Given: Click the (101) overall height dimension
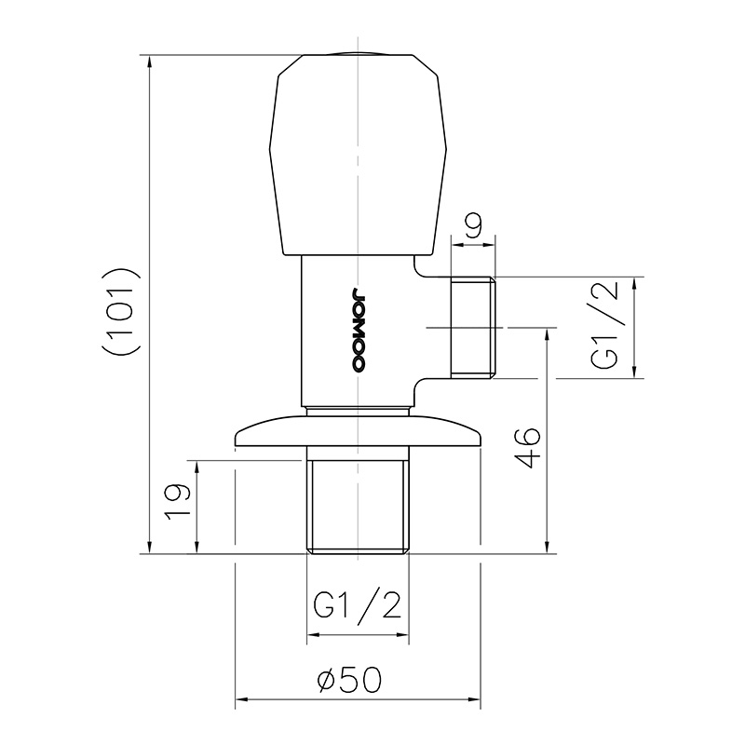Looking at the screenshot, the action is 120,312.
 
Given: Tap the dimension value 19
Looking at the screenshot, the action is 178,502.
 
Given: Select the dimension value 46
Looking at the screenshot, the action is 528,448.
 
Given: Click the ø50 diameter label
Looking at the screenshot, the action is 349,680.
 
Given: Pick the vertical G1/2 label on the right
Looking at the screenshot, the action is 604,324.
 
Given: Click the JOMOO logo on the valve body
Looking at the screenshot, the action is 358,329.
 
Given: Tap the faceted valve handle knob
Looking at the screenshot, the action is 358,156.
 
